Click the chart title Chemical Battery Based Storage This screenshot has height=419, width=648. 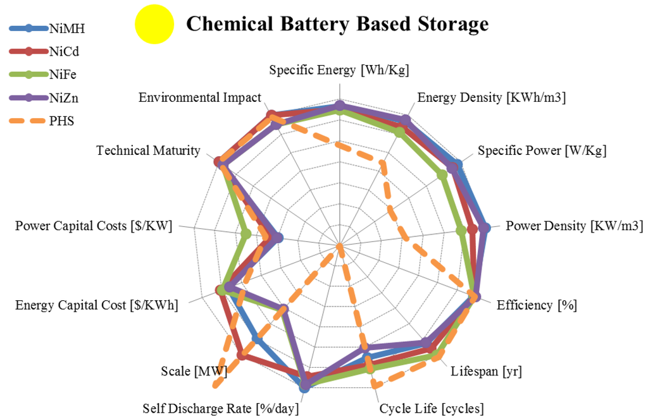(x=337, y=24)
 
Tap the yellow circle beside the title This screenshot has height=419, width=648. (x=154, y=25)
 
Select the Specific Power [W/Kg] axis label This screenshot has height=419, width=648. (x=542, y=151)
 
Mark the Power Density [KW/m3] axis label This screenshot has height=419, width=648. (x=574, y=226)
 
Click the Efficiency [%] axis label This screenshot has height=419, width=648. (x=537, y=305)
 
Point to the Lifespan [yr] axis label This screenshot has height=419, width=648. (x=486, y=371)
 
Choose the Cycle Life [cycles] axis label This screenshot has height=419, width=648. (x=432, y=408)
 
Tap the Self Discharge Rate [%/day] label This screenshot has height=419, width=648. (x=220, y=408)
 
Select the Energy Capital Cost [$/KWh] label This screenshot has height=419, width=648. (x=97, y=305)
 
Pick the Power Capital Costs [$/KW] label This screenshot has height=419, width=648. (x=94, y=226)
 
